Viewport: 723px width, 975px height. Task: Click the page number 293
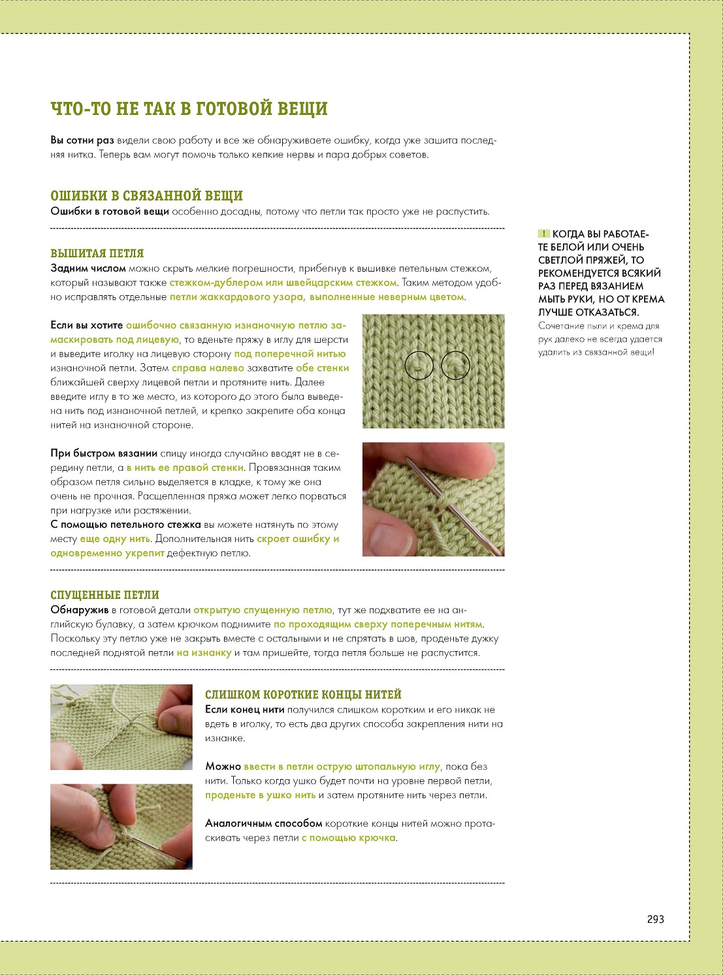(655, 919)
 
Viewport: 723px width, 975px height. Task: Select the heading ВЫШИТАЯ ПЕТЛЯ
(97, 253)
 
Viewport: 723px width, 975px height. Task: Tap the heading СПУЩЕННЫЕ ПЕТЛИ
(104, 595)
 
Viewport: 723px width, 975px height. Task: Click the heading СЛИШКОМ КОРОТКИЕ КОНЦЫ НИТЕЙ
(304, 695)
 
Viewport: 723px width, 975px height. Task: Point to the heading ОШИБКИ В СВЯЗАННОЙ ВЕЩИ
(146, 196)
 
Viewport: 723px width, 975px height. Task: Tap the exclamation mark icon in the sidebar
(543, 233)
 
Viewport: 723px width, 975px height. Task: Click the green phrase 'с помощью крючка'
(348, 838)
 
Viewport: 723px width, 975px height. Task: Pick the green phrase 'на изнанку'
(204, 653)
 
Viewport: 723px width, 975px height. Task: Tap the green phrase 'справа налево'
(208, 368)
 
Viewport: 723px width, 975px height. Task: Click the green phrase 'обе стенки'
(323, 368)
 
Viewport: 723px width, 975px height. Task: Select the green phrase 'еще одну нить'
(115, 539)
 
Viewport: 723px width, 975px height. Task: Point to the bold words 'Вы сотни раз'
(82, 140)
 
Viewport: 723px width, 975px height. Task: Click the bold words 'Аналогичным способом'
(264, 823)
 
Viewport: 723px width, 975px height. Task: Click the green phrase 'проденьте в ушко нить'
(261, 795)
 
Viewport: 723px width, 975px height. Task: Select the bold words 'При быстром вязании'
(104, 453)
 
